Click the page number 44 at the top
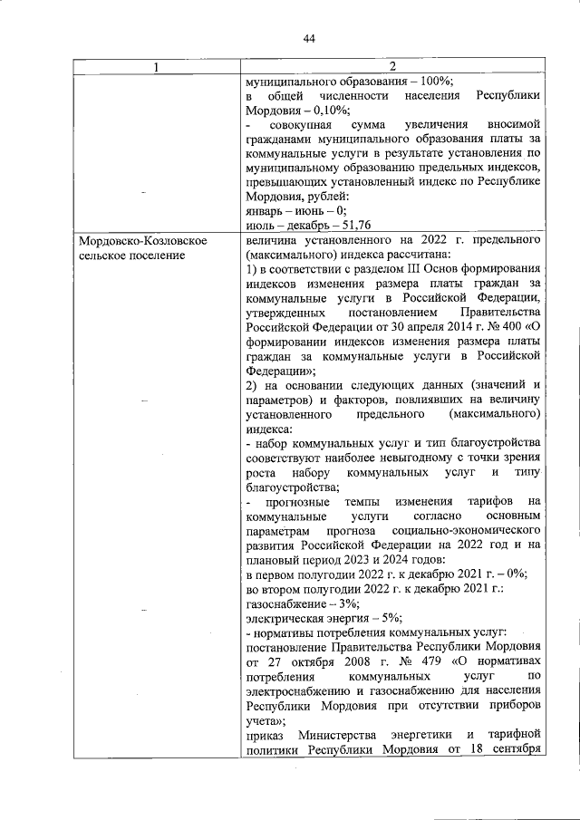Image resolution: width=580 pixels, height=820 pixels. click(309, 38)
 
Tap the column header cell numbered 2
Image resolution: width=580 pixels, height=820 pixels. click(393, 66)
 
